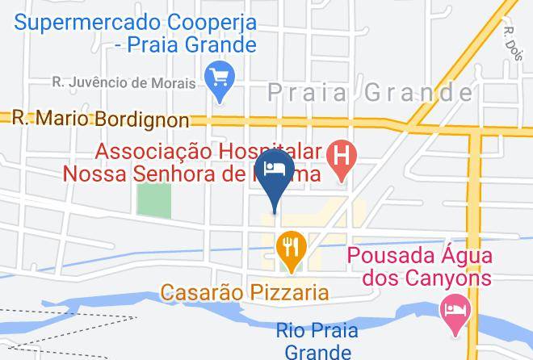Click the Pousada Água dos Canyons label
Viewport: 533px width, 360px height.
[419, 267]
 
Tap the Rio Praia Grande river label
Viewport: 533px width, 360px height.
[313, 340]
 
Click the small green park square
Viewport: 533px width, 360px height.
[153, 199]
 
